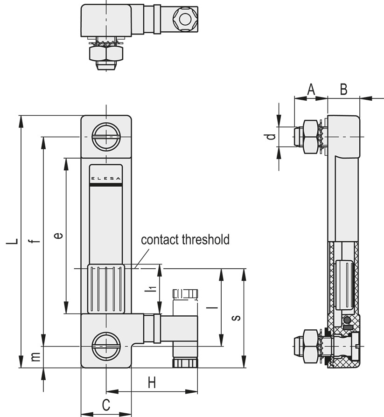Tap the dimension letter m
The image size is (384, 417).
(x=36, y=357)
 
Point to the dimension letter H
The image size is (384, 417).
(x=152, y=383)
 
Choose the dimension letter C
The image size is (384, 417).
(x=106, y=405)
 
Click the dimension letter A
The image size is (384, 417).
(x=311, y=90)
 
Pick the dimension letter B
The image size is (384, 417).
(x=343, y=90)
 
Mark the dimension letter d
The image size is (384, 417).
(x=271, y=137)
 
